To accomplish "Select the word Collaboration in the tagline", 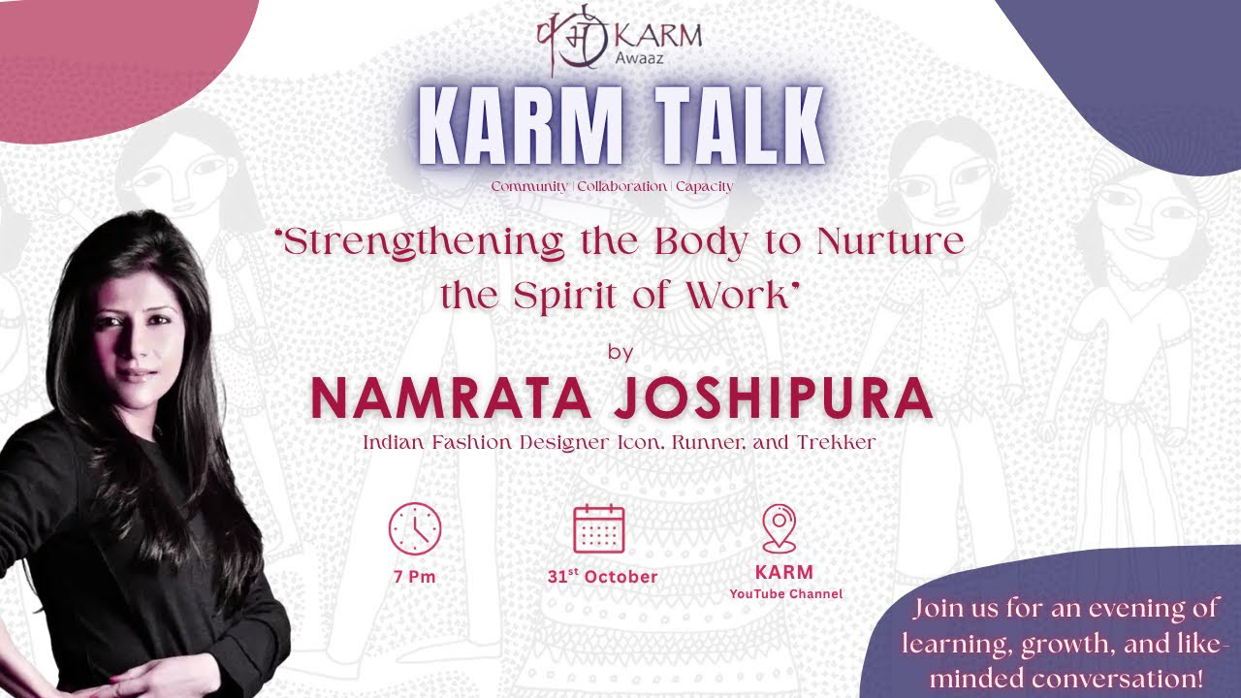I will tap(621, 186).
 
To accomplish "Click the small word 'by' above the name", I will tap(620, 351).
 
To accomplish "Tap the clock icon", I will tap(415, 528).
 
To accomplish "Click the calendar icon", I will tap(599, 528).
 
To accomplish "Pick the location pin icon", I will tap(780, 528).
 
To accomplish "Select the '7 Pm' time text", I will tap(415, 576).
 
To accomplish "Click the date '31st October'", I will tap(602, 576).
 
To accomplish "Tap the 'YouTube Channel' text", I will tap(785, 593).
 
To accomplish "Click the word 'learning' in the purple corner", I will tap(949, 644).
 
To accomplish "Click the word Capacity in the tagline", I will tap(704, 186).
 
